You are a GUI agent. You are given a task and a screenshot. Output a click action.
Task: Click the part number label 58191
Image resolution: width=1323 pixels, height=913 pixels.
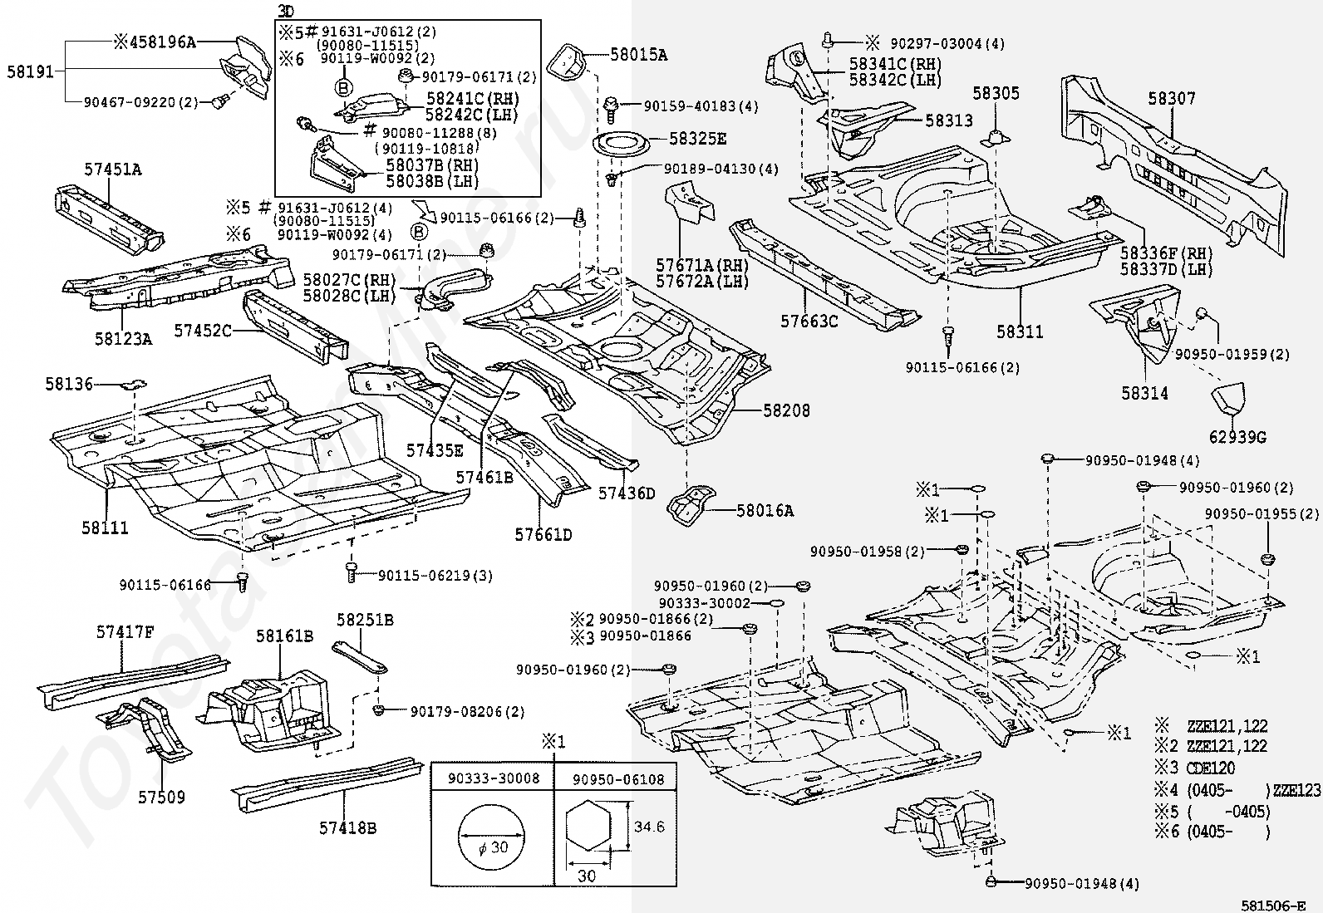(x=31, y=72)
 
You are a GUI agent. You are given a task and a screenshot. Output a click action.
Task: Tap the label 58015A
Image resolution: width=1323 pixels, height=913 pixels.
(x=638, y=55)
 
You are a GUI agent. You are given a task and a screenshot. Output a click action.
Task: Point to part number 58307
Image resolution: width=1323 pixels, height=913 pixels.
(x=1172, y=99)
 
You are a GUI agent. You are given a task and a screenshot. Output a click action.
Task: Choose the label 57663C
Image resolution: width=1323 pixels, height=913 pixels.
(x=809, y=322)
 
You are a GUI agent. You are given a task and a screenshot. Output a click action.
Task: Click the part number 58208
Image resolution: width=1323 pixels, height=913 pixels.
(x=787, y=410)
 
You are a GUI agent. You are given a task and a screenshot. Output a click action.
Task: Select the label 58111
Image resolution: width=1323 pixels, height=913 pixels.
(x=105, y=528)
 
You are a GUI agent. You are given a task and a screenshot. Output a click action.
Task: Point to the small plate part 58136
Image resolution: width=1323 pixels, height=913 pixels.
(x=134, y=385)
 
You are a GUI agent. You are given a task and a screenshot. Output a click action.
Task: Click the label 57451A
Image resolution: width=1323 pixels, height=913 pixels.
(x=113, y=169)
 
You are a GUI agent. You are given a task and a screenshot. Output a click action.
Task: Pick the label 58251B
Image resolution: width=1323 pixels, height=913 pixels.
(x=365, y=620)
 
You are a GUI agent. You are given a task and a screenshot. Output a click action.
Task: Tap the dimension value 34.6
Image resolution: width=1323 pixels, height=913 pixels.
(x=649, y=827)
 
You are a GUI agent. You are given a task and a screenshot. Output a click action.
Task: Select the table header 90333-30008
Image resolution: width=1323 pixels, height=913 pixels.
(x=494, y=778)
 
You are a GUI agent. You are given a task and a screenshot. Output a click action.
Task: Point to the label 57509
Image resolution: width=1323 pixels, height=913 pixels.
(x=162, y=798)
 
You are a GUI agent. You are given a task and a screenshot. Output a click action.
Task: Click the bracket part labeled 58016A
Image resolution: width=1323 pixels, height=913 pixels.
(x=691, y=505)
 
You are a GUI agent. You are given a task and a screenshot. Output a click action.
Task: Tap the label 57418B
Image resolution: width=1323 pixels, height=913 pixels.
(x=348, y=828)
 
